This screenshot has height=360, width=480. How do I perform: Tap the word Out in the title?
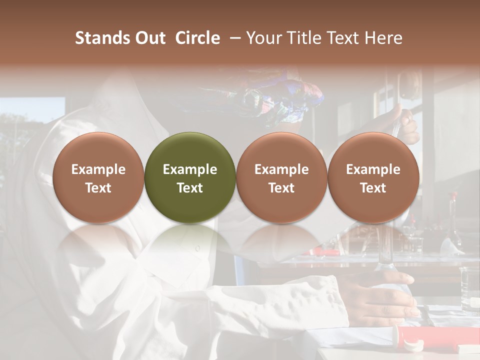tap(148, 38)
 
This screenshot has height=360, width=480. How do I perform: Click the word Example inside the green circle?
tap(190, 169)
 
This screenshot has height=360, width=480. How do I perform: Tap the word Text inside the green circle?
tap(190, 188)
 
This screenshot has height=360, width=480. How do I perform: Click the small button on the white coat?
tap(197, 248)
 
